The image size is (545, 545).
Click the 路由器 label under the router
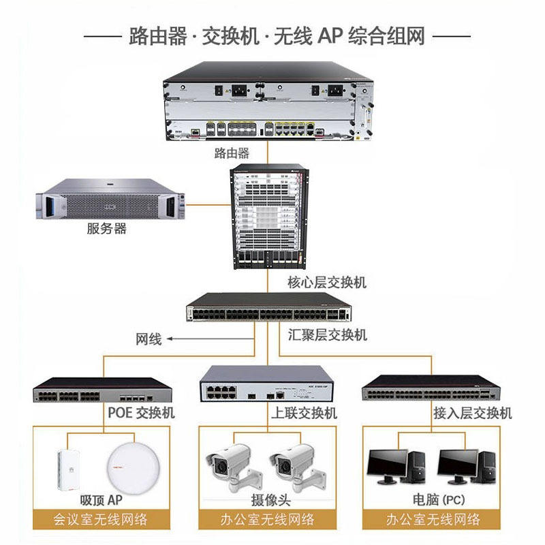tap(232, 153)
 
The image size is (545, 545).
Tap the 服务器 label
tap(107, 229)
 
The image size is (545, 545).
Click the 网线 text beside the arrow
tap(149, 339)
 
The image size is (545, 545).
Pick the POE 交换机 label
tap(141, 413)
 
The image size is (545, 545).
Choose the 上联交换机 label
tap(305, 413)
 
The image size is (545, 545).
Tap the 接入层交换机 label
tap(473, 413)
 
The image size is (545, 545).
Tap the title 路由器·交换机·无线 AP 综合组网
tap(276, 35)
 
